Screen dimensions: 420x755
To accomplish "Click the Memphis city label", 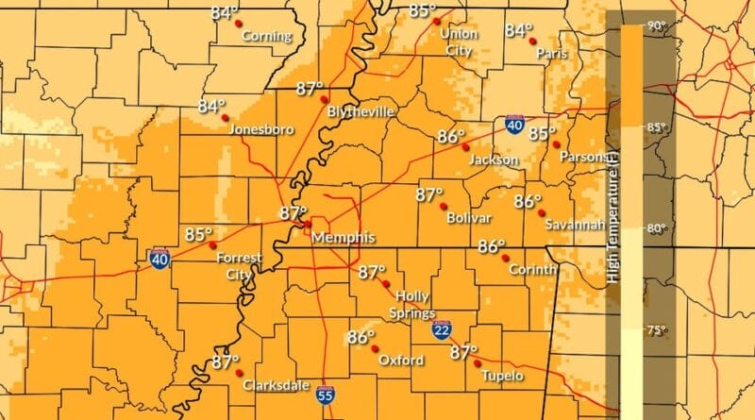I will (344, 236).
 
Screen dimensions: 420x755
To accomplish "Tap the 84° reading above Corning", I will (225, 13).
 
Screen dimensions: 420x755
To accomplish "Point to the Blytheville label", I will (360, 111).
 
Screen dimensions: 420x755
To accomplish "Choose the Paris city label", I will (552, 54).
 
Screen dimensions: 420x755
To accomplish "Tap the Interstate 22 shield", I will (442, 329).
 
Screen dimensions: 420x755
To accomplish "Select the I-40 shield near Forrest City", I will (159, 257).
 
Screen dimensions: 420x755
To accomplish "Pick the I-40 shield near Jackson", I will (514, 126).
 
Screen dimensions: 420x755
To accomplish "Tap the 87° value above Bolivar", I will (429, 194).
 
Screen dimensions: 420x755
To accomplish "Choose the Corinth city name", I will (528, 270).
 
